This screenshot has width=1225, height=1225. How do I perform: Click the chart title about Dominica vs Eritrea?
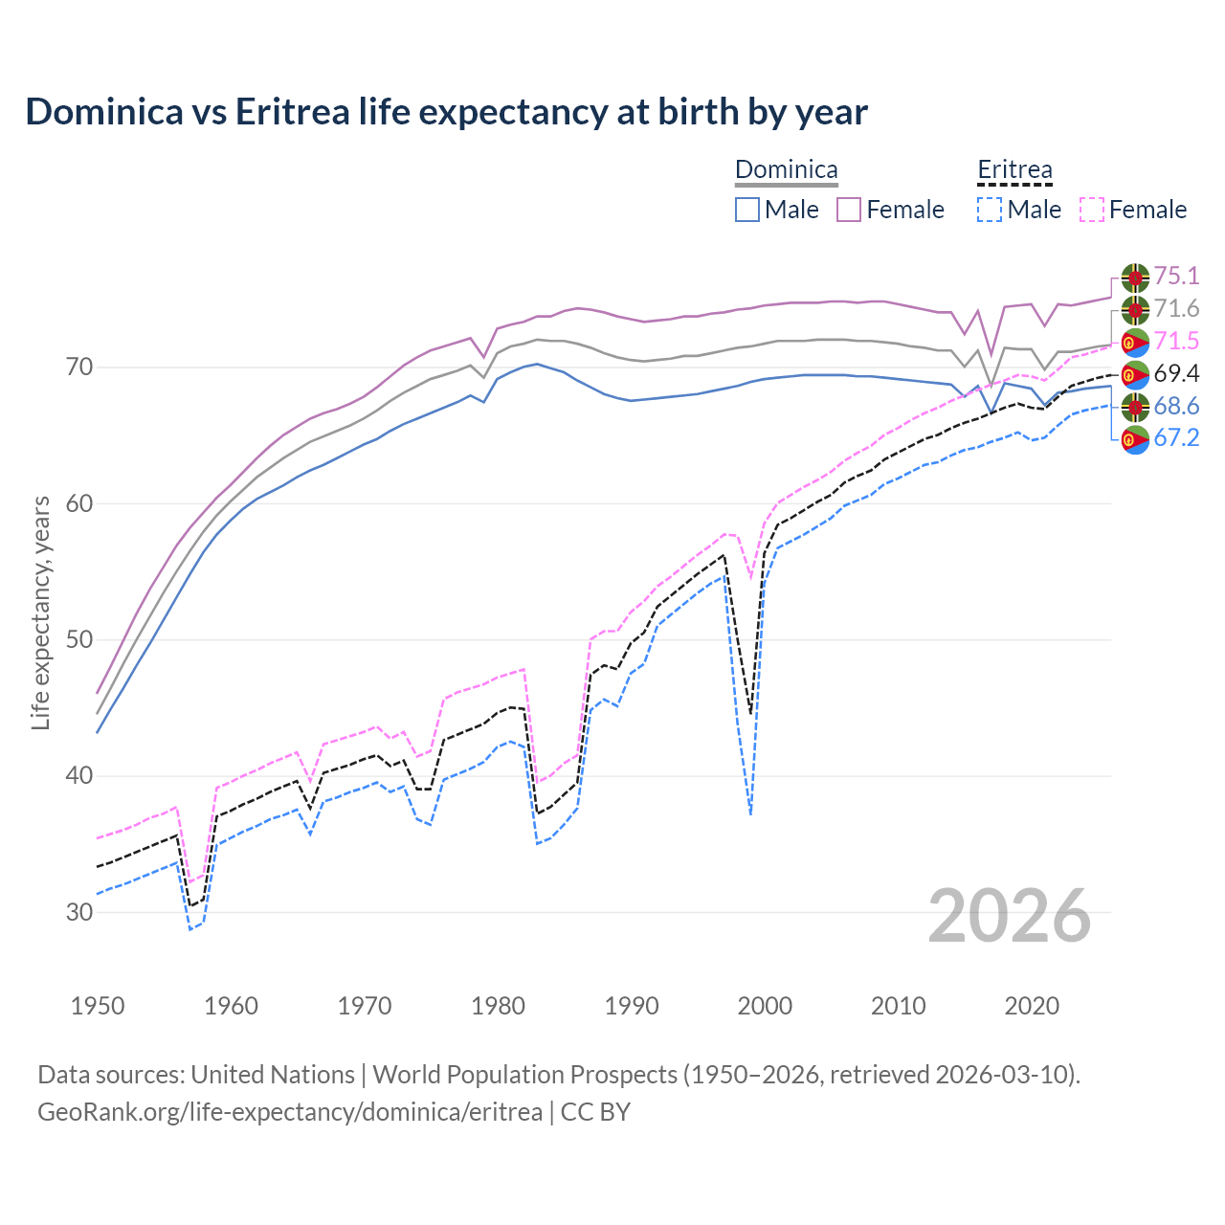tap(446, 112)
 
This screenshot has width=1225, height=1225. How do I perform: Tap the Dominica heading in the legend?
tap(786, 170)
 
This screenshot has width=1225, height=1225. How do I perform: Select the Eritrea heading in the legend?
tap(1014, 170)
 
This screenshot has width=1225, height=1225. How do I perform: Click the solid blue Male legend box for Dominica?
tap(747, 210)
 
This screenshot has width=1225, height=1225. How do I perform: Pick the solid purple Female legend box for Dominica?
tap(850, 210)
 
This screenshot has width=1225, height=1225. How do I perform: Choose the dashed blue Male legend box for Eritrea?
tap(990, 210)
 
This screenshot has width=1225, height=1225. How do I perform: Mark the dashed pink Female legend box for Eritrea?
tap(1092, 210)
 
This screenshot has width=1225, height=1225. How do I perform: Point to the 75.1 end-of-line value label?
tap(1176, 277)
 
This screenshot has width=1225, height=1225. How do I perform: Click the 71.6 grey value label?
tap(1176, 309)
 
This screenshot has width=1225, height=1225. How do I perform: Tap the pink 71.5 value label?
tap(1176, 342)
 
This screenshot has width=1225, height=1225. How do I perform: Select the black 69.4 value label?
tap(1176, 374)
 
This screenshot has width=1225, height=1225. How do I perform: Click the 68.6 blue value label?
tap(1176, 407)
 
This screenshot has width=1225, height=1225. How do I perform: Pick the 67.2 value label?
tap(1176, 438)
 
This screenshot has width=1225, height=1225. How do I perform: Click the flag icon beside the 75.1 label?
tap(1135, 277)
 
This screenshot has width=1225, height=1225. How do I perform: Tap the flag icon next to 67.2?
tap(1135, 439)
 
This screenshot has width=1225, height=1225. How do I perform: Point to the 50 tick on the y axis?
tap(79, 639)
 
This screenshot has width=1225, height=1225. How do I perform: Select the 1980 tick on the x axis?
tap(498, 1006)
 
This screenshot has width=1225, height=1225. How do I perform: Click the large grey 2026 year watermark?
tap(1010, 916)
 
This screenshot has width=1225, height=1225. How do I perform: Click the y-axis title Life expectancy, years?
tap(40, 612)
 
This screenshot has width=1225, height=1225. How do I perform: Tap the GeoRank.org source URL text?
tap(289, 1112)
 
